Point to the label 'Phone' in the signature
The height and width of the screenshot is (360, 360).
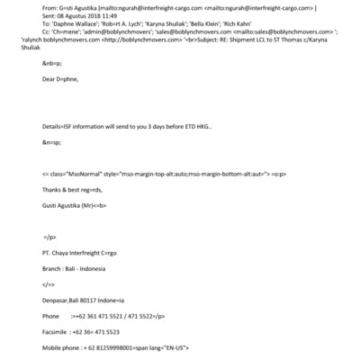coord(50,316)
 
